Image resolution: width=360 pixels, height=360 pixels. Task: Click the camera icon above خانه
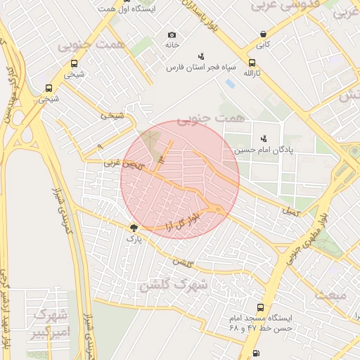click(172, 34)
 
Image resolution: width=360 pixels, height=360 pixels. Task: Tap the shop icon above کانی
click(263, 34)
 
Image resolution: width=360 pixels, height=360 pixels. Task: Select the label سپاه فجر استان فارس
click(199, 68)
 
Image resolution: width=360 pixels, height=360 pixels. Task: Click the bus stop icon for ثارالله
click(252, 62)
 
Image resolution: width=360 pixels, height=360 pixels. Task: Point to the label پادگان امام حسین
click(289, 150)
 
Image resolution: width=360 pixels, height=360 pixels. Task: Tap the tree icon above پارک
click(134, 228)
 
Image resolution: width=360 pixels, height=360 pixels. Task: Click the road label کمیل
click(289, 210)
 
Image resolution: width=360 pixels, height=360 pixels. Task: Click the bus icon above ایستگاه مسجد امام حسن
click(261, 308)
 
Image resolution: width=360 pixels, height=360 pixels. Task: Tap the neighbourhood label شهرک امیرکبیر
click(49, 322)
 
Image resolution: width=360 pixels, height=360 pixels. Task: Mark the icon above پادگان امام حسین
click(264, 139)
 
